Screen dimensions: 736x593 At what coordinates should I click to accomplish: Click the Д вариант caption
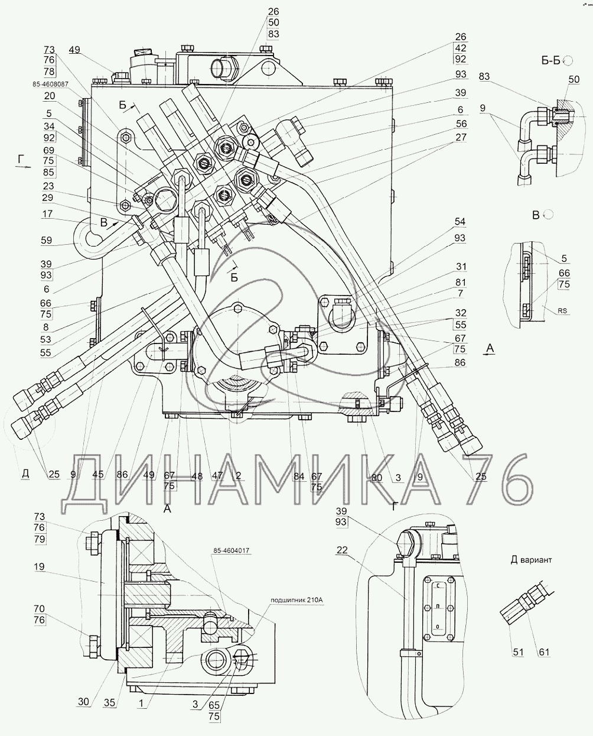tap(531, 560)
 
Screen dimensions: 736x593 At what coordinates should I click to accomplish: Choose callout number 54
tap(460, 222)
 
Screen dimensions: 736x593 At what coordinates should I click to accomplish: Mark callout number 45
tap(97, 474)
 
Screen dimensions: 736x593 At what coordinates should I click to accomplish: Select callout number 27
tap(461, 137)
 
